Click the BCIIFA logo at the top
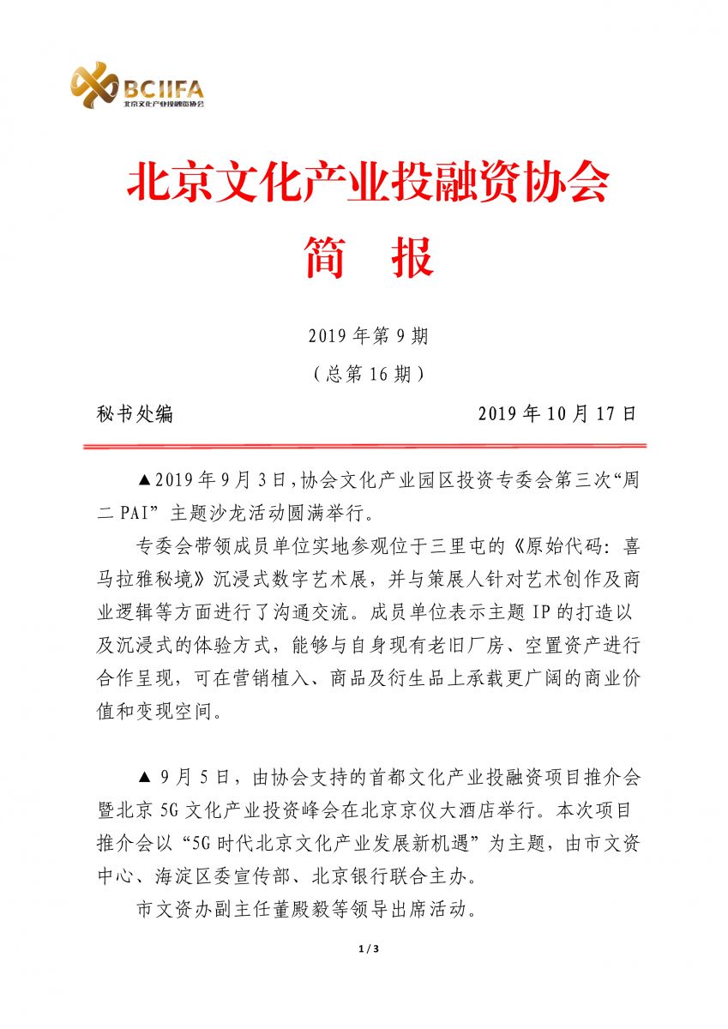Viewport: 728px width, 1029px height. pyautogui.click(x=137, y=87)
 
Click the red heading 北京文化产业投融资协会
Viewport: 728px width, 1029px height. pyautogui.click(x=368, y=184)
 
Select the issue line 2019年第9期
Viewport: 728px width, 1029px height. pyautogui.click(x=368, y=336)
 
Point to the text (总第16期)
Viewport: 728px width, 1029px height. pyautogui.click(x=368, y=375)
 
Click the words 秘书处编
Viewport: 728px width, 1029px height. pyautogui.click(x=135, y=414)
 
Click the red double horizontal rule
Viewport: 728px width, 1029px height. pyautogui.click(x=364, y=446)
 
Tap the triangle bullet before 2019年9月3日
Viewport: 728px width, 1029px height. pyautogui.click(x=144, y=479)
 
